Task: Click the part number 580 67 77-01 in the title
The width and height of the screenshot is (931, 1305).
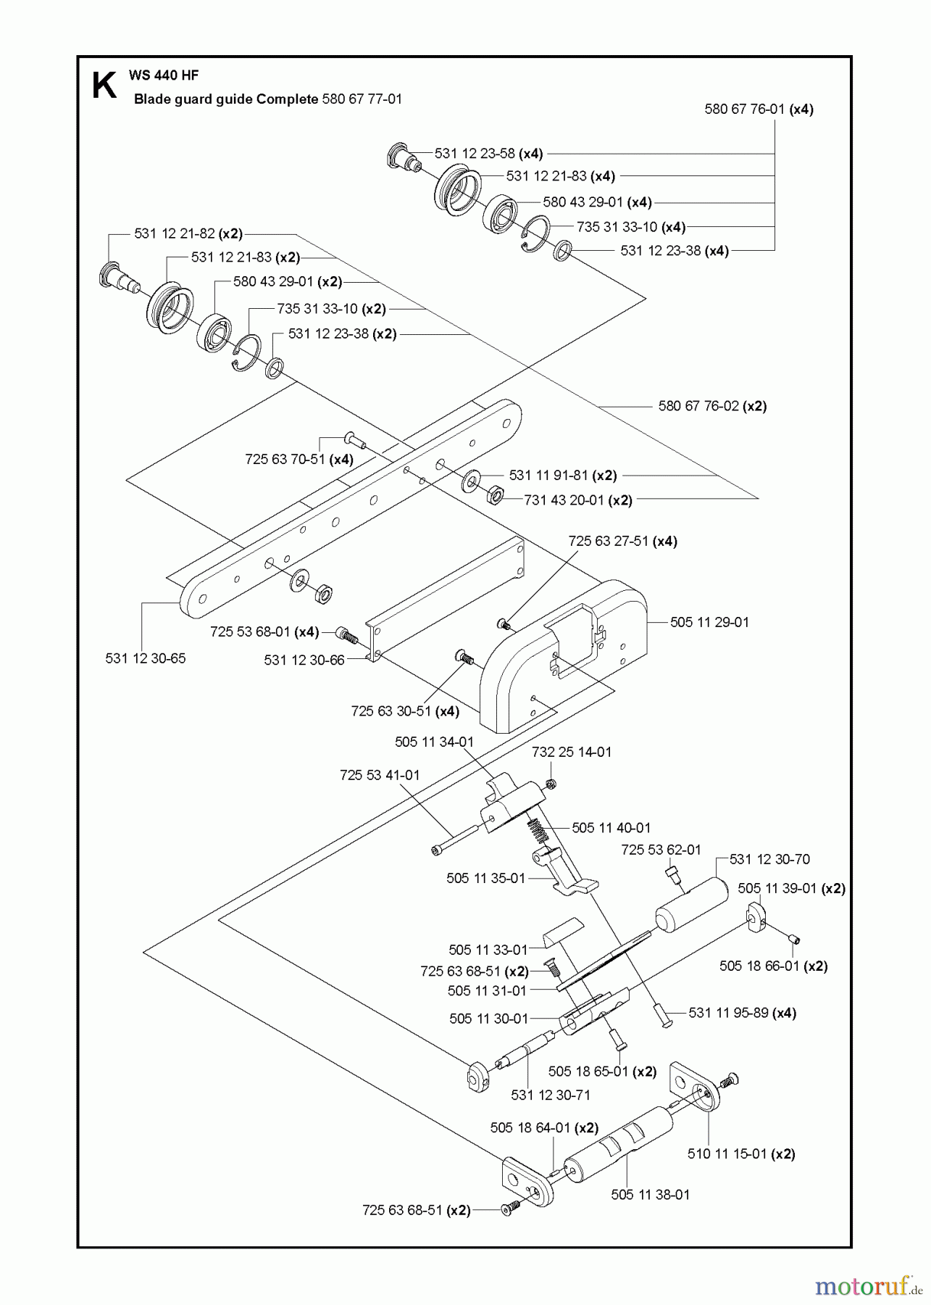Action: [x=361, y=99]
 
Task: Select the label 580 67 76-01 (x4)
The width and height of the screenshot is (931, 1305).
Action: [x=759, y=109]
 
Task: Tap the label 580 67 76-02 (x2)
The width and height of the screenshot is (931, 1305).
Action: [x=712, y=406]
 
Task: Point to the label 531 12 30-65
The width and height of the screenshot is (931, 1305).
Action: [x=146, y=658]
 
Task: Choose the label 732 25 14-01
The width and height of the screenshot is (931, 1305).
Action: [x=572, y=752]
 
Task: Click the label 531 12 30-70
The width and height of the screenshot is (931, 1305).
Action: [x=769, y=859]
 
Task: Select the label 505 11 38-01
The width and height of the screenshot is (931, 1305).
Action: [x=650, y=1194]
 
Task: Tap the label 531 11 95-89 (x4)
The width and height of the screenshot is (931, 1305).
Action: [x=742, y=1013]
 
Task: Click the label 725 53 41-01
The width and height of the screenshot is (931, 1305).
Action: [x=380, y=775]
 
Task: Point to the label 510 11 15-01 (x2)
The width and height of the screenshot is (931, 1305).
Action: [x=740, y=1153]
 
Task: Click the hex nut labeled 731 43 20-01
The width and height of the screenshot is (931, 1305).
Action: [x=496, y=496]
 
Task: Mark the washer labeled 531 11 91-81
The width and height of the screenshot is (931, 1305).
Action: [x=472, y=479]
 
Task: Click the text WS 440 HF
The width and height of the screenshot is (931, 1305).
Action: [x=163, y=75]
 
